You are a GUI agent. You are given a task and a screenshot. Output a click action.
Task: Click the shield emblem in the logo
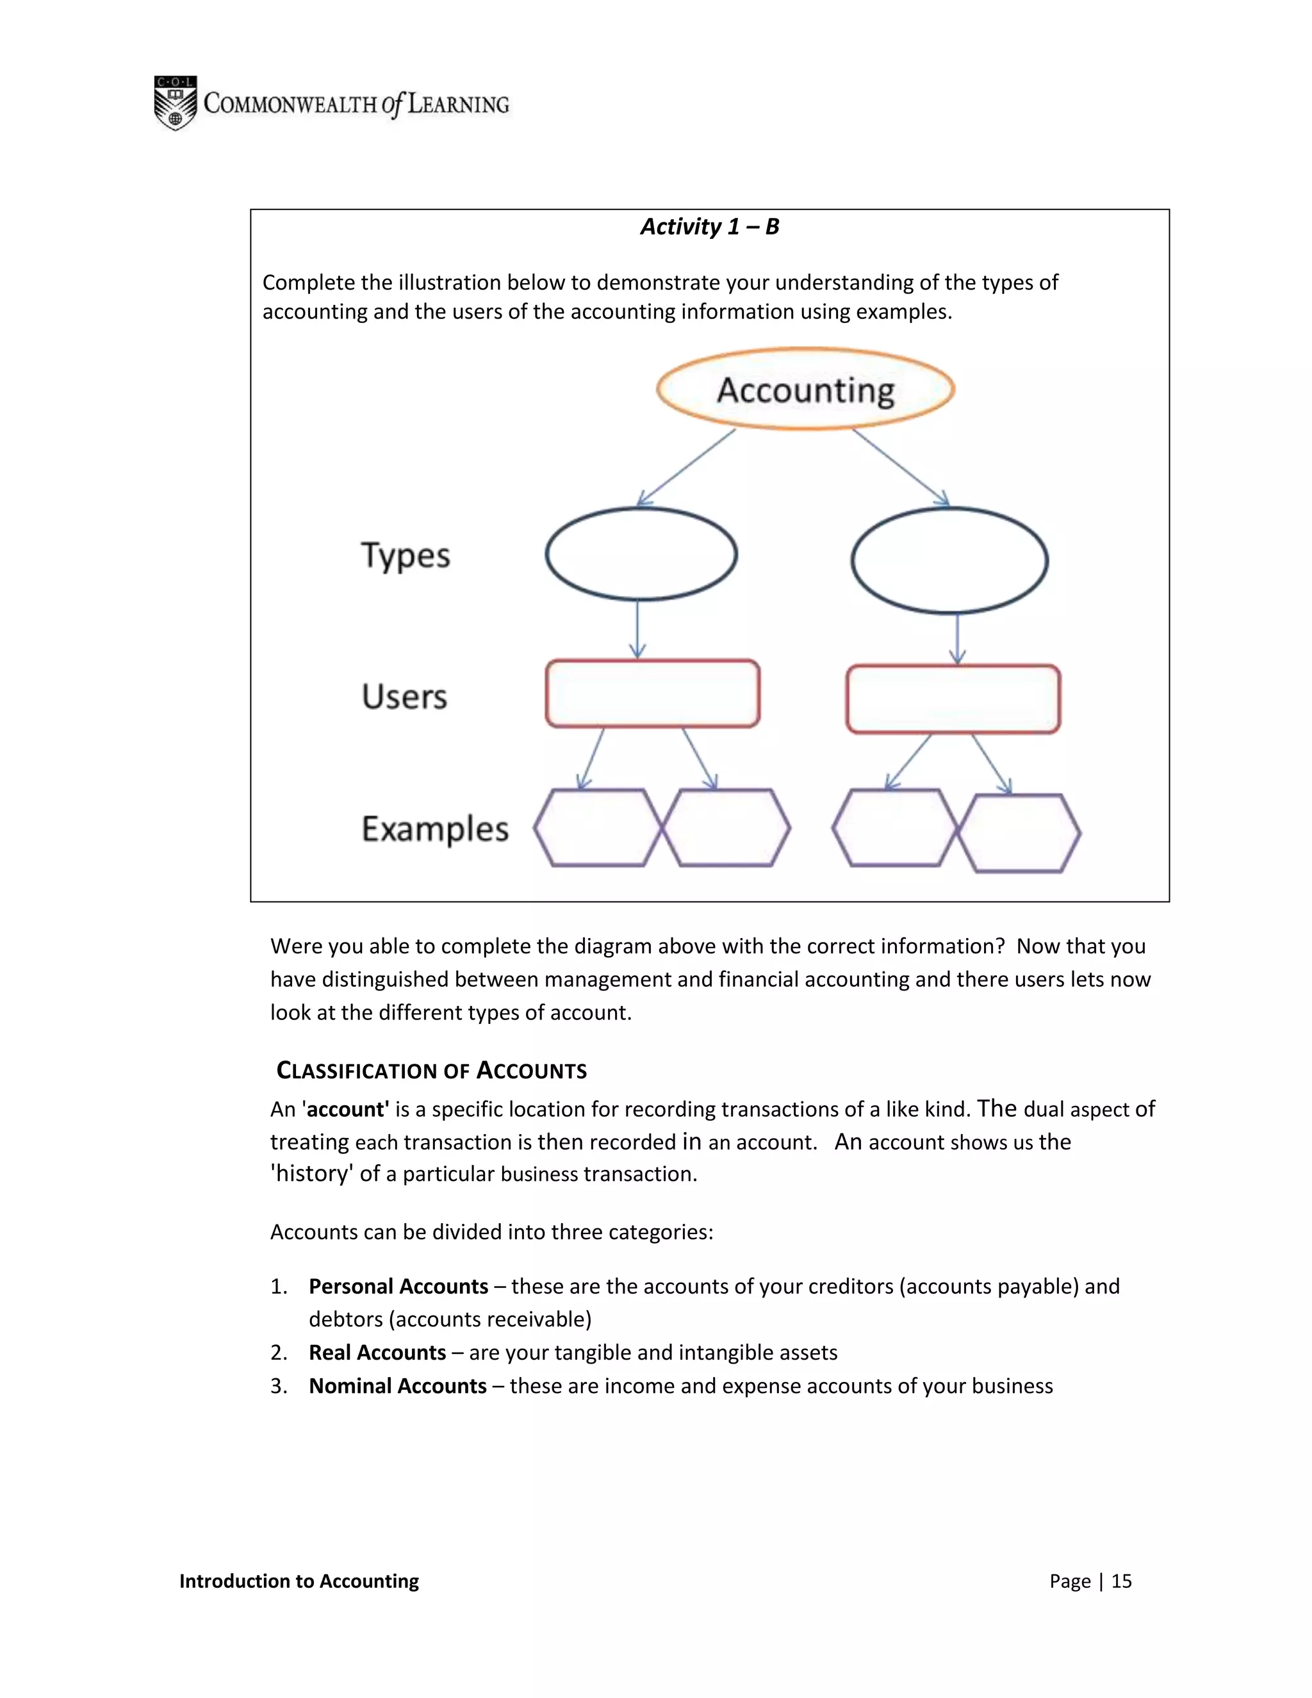[175, 103]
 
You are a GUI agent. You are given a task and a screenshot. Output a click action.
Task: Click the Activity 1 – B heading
[709, 226]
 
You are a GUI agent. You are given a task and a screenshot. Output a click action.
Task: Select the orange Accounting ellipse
[805, 389]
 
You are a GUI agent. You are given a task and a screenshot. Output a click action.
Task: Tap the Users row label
[404, 696]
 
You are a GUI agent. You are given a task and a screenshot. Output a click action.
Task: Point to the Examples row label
[434, 828]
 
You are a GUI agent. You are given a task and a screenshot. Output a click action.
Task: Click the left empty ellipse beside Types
[641, 554]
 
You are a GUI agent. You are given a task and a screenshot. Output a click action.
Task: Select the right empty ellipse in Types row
[949, 560]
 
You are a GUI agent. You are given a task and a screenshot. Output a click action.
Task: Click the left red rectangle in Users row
[652, 693]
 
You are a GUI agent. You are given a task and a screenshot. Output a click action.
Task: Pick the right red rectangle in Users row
[953, 699]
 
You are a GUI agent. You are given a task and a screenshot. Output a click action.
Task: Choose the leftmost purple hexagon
[597, 828]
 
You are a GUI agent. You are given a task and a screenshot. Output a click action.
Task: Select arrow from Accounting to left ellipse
[685, 468]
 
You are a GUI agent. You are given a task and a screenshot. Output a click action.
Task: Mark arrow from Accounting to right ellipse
[900, 466]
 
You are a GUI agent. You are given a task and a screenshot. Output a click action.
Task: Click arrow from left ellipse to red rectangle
[637, 629]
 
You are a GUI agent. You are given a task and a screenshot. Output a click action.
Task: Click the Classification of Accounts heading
[431, 1071]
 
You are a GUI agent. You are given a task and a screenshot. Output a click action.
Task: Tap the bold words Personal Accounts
[398, 1286]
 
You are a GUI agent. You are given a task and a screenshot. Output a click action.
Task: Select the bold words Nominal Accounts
[397, 1385]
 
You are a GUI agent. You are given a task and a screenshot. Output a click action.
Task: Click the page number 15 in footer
[1121, 1581]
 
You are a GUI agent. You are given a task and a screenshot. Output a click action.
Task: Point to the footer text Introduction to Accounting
[299, 1581]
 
